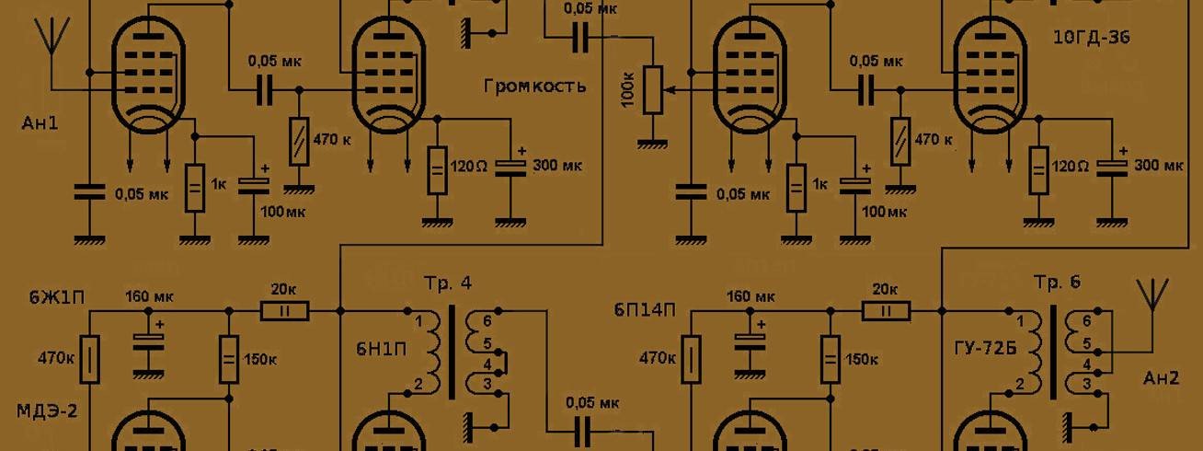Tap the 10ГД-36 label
pyautogui.click(x=1091, y=38)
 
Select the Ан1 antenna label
pyautogui.click(x=40, y=121)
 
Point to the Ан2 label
pyautogui.click(x=1160, y=377)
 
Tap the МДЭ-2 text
pyautogui.click(x=47, y=409)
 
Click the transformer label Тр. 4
pyautogui.click(x=448, y=283)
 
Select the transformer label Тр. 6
pyautogui.click(x=1057, y=283)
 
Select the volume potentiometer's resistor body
pyautogui.click(x=653, y=90)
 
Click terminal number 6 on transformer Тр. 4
pyautogui.click(x=488, y=321)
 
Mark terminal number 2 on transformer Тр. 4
pyautogui.click(x=418, y=383)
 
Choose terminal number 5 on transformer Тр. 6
pyautogui.click(x=1086, y=342)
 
